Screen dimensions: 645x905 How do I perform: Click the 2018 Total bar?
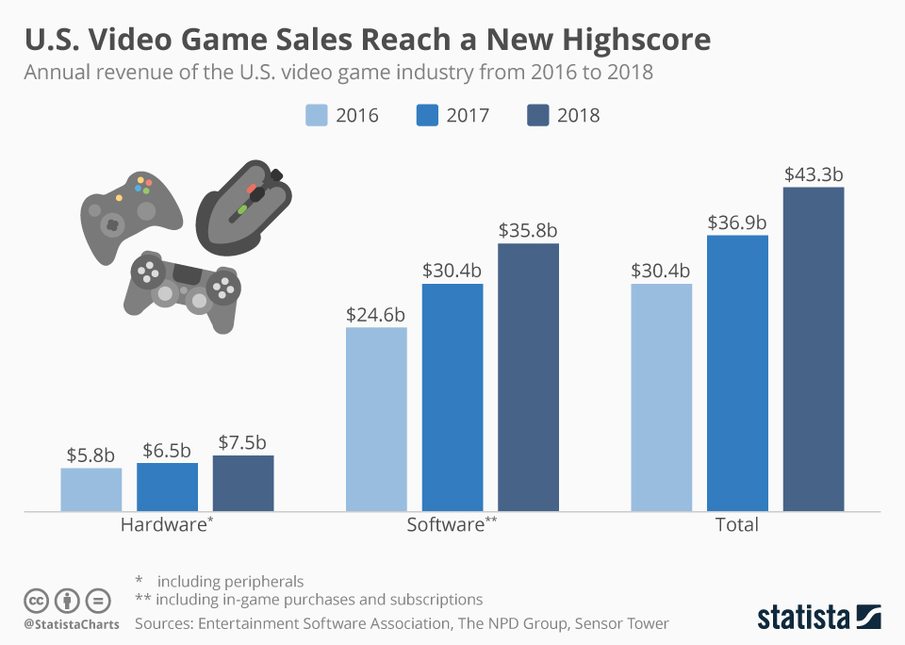tap(813, 349)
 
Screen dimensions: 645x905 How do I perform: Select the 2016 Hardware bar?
tap(91, 489)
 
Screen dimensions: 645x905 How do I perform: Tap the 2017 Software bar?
tap(452, 397)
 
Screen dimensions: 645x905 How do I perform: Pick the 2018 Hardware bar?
tap(243, 483)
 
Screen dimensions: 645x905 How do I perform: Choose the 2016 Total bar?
tap(661, 397)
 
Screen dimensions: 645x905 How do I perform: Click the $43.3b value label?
tap(813, 174)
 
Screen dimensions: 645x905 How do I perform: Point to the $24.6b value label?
tap(375, 314)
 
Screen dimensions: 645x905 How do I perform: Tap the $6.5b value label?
tap(167, 450)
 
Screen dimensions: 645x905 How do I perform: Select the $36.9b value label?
tap(737, 223)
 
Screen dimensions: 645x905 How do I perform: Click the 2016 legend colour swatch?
tap(317, 115)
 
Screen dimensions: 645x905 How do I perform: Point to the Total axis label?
tap(737, 524)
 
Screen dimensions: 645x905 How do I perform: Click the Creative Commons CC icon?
tap(36, 600)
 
